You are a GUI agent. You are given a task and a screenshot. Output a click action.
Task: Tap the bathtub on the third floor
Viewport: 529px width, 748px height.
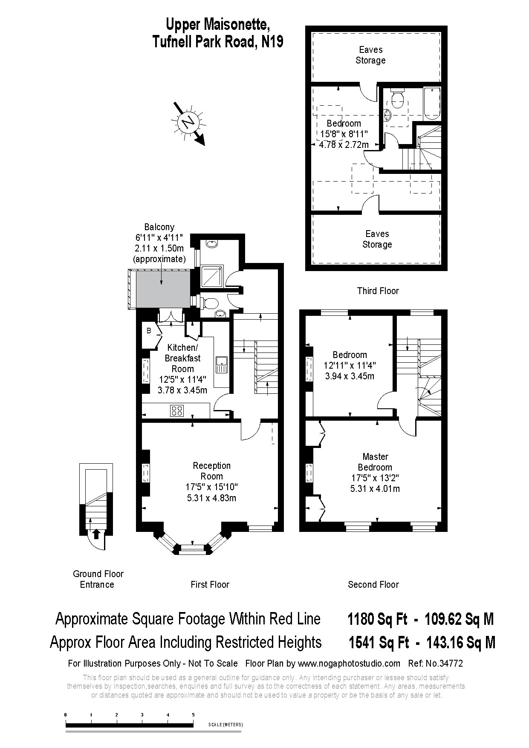[432, 103]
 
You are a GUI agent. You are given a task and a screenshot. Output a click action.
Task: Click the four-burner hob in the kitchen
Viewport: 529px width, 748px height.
[177, 411]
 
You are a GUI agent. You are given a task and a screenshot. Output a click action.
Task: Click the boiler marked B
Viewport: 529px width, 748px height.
[149, 331]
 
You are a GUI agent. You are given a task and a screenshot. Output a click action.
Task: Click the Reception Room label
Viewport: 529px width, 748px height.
[212, 471]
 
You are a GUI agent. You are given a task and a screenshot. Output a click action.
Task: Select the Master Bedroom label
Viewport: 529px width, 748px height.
[375, 462]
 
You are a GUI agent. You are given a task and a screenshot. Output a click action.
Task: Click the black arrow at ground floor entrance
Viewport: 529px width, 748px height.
[96, 534]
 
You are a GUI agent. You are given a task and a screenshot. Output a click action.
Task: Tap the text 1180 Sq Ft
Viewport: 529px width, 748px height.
[378, 619]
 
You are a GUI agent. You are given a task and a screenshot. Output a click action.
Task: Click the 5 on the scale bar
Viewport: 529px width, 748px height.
[193, 715]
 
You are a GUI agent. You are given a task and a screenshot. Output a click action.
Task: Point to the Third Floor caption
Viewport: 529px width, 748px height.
[378, 291]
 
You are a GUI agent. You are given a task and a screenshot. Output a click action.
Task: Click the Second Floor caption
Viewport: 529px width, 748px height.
[373, 585]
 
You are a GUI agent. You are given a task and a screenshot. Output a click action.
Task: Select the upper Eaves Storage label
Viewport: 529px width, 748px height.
[371, 55]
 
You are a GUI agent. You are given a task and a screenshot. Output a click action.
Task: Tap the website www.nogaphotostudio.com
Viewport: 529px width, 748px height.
[349, 663]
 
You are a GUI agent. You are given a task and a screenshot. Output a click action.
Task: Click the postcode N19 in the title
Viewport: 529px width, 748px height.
[272, 42]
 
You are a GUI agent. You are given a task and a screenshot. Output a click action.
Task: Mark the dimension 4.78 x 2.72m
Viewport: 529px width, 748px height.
[344, 145]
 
